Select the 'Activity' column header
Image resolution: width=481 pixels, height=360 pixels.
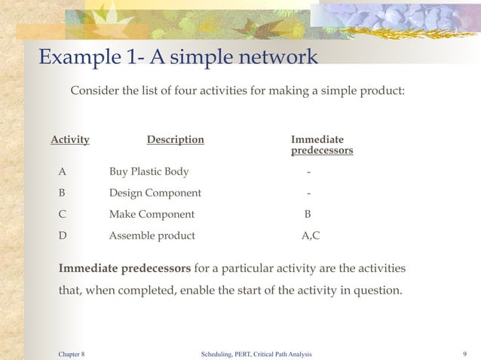tap(70, 139)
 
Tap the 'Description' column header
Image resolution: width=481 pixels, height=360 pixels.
tap(175, 139)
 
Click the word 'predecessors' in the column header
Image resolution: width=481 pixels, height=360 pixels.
tap(322, 151)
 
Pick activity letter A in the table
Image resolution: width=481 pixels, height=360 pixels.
tap(63, 172)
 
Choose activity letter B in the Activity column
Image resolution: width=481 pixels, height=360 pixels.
tap(63, 193)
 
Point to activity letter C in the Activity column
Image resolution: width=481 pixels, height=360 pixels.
tap(63, 214)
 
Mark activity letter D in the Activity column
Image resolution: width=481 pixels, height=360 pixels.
tap(63, 235)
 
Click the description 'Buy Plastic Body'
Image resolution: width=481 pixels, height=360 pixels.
tap(149, 172)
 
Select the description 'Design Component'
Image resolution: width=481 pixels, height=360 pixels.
tap(155, 193)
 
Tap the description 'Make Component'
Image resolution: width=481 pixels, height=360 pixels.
tap(152, 214)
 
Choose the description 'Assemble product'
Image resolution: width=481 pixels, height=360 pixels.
tap(152, 235)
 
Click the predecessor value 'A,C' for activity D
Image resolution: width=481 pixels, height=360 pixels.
tap(310, 235)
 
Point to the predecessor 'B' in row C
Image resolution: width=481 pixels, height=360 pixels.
tap(308, 214)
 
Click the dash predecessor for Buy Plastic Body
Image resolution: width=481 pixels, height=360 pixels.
tap(308, 172)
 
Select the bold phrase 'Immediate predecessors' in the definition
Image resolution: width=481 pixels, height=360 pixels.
tap(125, 268)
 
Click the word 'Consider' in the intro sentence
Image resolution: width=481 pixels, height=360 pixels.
tap(94, 91)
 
